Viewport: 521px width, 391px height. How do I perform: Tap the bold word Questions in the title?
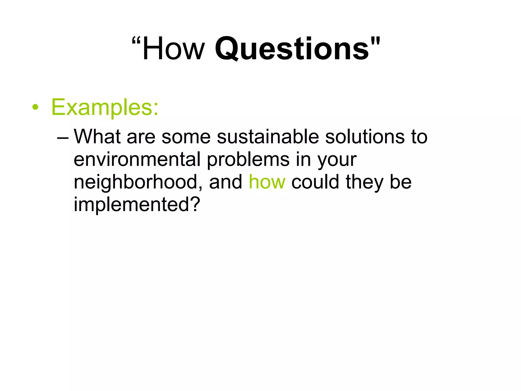[x=292, y=49]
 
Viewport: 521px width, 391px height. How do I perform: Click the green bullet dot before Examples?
[x=35, y=107]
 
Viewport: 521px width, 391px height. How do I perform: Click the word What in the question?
[x=97, y=137]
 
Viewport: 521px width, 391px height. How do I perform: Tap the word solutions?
[x=365, y=137]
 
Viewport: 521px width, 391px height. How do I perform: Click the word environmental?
[x=137, y=160]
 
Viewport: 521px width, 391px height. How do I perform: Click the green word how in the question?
[x=267, y=182]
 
